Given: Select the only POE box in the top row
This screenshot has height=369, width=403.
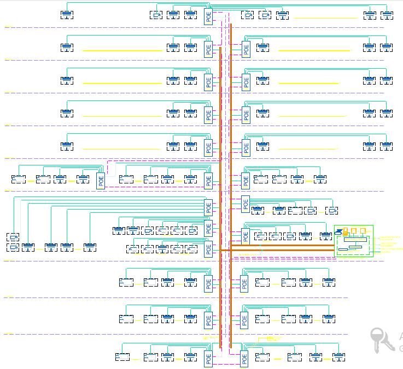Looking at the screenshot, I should click(x=208, y=16).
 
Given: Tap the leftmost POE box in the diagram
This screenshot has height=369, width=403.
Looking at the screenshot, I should click(x=101, y=180).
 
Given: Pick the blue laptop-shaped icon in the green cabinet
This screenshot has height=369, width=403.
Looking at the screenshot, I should click(x=339, y=231).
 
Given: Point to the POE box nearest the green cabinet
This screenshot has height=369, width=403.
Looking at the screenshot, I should click(x=246, y=236).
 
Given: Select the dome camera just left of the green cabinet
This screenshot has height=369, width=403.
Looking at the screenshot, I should click(x=326, y=236).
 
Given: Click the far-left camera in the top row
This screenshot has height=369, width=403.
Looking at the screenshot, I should click(x=67, y=14).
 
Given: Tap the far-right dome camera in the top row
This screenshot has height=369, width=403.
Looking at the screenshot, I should click(x=387, y=15).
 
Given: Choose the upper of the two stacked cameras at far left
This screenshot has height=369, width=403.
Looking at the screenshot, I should click(x=13, y=237).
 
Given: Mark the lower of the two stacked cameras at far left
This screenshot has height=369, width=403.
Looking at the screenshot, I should click(x=13, y=247).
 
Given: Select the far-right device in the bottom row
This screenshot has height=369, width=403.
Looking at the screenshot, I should click(x=338, y=357).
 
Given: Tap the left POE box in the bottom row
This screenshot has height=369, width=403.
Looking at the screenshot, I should click(x=208, y=358).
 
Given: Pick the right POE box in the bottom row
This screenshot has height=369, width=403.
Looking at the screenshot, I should click(x=244, y=358).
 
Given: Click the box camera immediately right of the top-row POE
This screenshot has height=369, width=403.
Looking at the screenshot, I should click(x=247, y=15).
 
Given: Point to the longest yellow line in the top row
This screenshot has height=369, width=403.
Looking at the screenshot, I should click(x=325, y=19).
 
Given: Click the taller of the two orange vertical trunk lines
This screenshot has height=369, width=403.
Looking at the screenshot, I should click(x=231, y=186).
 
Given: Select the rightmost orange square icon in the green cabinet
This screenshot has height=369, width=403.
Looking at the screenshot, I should click(x=363, y=231).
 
